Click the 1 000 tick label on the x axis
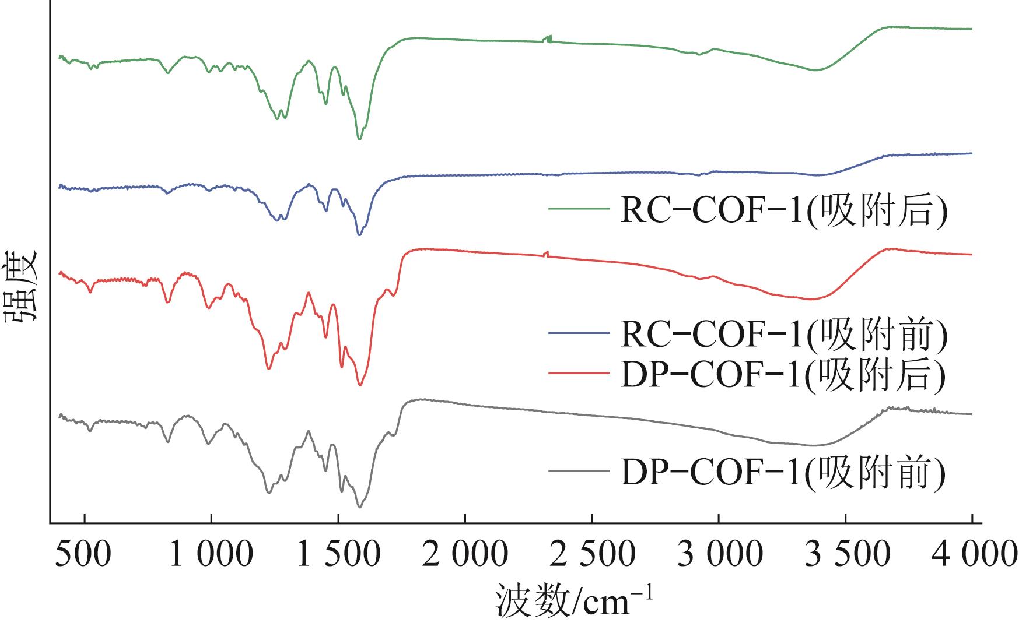[x=211, y=554]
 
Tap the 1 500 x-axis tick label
[x=338, y=554]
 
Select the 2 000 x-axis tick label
[x=465, y=554]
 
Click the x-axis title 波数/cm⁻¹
[x=575, y=600]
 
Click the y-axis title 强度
[x=22, y=286]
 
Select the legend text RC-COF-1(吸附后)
[x=783, y=210]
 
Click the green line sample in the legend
[x=577, y=206]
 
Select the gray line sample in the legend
[x=577, y=470]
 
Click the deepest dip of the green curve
[x=359, y=139]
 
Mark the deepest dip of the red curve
[x=360, y=385]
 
